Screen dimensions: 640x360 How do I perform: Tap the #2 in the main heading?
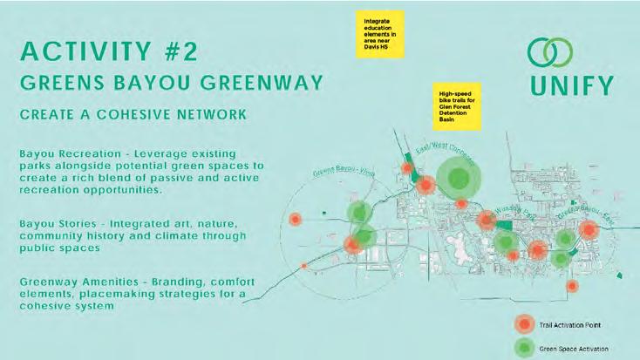pos(174,51)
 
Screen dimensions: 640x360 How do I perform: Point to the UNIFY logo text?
pos(570,85)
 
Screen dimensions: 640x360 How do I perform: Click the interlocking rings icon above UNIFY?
pos(555,52)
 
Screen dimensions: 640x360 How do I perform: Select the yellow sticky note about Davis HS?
pos(381,34)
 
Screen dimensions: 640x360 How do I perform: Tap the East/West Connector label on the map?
pos(446,155)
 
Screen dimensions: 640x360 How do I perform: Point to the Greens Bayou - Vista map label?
pos(339,173)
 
